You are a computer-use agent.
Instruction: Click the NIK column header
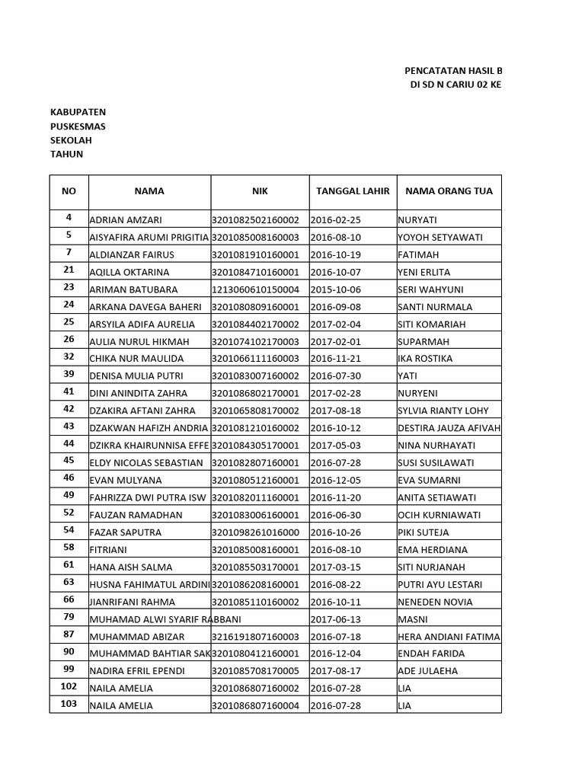click(260, 191)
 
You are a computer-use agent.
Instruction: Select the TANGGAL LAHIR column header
click(352, 191)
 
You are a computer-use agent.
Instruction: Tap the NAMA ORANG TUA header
click(449, 191)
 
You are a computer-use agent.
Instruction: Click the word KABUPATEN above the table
click(78, 111)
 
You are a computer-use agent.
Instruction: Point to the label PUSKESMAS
click(78, 126)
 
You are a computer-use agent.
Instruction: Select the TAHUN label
click(67, 155)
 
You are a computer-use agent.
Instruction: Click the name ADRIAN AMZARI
click(126, 220)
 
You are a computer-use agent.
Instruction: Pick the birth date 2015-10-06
click(336, 289)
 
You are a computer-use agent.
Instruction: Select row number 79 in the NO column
click(69, 617)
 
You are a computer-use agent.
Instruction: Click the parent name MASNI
click(412, 619)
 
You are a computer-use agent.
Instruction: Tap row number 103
click(69, 705)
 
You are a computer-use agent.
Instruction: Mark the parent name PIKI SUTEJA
click(424, 532)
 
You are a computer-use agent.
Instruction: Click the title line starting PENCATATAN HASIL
click(452, 70)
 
